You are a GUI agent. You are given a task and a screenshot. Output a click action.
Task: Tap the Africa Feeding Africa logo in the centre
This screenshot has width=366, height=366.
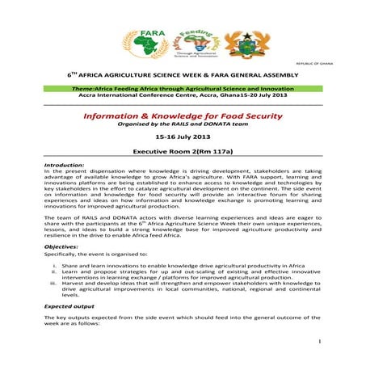tap(194, 41)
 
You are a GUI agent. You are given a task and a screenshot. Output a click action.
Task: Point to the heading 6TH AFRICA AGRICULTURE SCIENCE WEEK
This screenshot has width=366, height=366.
tap(183, 74)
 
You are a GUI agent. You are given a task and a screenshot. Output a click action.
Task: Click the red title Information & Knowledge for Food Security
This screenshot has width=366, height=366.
tap(183, 116)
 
